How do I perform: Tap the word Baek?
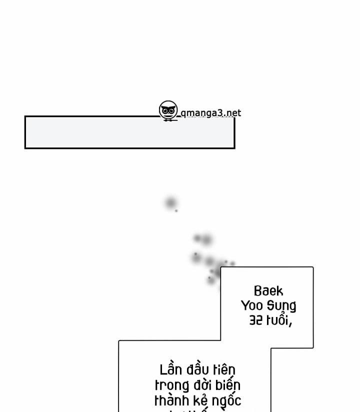(x=268, y=291)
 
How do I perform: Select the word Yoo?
(x=252, y=305)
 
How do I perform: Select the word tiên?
(x=223, y=370)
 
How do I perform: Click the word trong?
(x=171, y=385)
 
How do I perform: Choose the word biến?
(x=229, y=385)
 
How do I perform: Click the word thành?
(x=170, y=400)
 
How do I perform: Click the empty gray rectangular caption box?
(x=129, y=132)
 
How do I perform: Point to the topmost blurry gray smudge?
(x=171, y=203)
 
